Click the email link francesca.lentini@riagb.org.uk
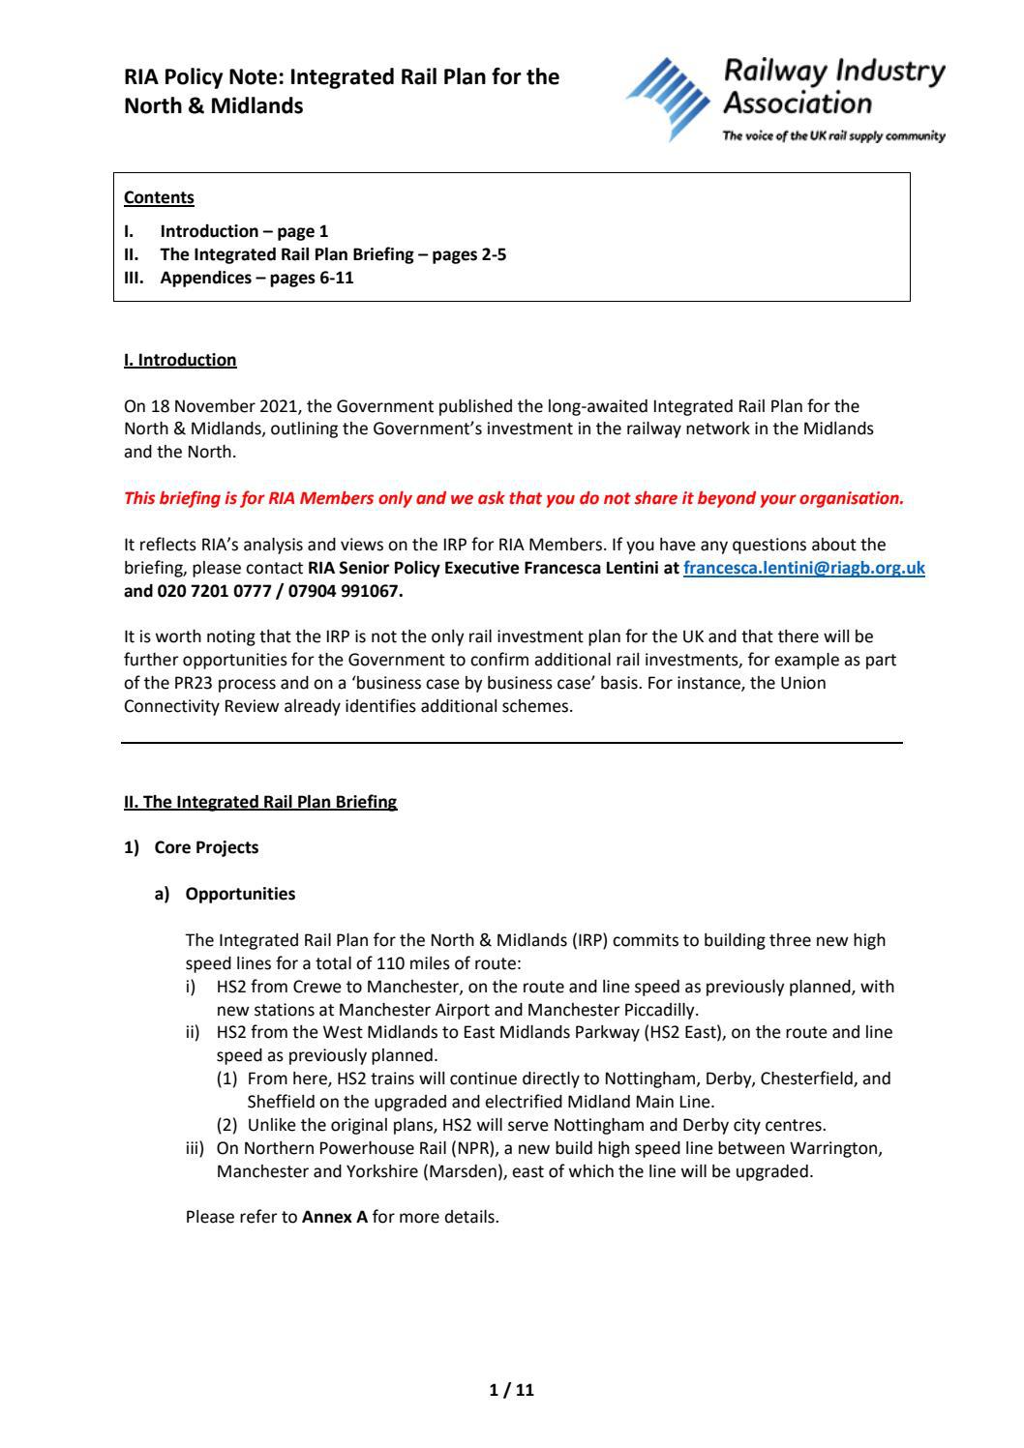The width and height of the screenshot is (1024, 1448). click(803, 569)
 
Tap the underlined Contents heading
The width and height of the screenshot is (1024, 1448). click(159, 198)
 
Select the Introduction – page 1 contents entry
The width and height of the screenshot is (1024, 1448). click(244, 231)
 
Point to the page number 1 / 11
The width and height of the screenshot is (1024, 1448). click(511, 1391)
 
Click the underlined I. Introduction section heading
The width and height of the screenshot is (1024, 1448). click(180, 360)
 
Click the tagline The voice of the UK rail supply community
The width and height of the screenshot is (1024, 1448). click(834, 136)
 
